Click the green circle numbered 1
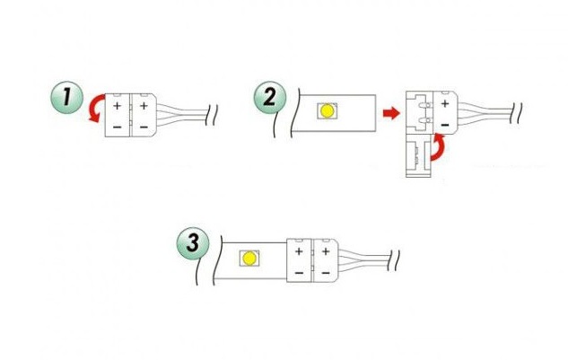pos(67,98)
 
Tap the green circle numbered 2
pos(270,98)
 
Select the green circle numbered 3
pos(193,243)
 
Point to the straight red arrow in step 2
pos(391,113)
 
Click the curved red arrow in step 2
pos(439,147)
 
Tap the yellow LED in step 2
pos(327,110)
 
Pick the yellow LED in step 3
pos(249,259)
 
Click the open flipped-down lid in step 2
pos(419,156)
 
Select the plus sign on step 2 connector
pos(445,103)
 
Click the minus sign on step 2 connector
pos(445,125)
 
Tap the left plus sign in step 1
pos(117,106)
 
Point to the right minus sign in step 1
pos(144,127)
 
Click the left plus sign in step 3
pos(299,251)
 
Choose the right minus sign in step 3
pos(326,272)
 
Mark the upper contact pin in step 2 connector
pos(424,105)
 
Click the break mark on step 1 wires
pos(211,115)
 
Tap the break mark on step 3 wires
pos(394,260)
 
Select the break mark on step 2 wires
pos(516,113)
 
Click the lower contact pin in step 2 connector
pos(424,120)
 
